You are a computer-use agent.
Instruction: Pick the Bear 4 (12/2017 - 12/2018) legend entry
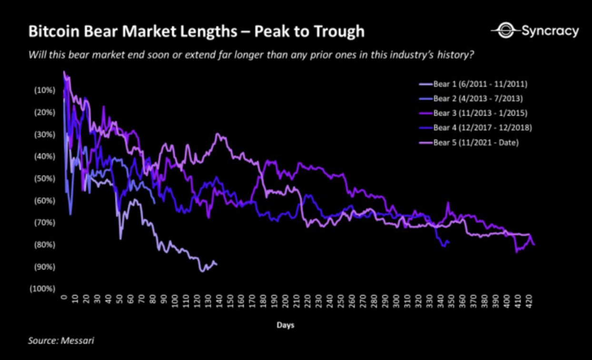pos(481,128)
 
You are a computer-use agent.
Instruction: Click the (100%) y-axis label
pos(43,289)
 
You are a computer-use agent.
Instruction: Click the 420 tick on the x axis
pos(529,302)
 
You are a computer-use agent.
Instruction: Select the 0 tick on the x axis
pos(63,299)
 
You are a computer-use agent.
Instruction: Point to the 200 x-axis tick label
pos(285,302)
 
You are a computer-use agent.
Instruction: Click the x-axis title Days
pos(285,325)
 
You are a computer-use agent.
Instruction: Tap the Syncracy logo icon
pos(505,31)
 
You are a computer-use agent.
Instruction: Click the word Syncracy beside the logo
pos(550,31)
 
